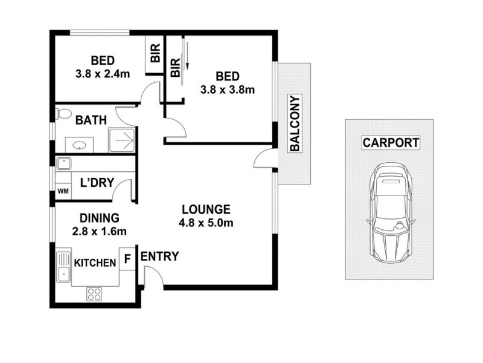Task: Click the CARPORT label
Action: click(391, 143)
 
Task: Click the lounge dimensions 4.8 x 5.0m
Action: click(206, 223)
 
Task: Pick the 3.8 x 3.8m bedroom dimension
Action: click(228, 90)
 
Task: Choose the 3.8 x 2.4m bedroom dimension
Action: click(103, 74)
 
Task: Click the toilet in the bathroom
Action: click(63, 113)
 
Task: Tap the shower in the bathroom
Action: click(122, 140)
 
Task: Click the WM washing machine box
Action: click(63, 191)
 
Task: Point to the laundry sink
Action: click(63, 163)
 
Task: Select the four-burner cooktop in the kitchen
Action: click(94, 294)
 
